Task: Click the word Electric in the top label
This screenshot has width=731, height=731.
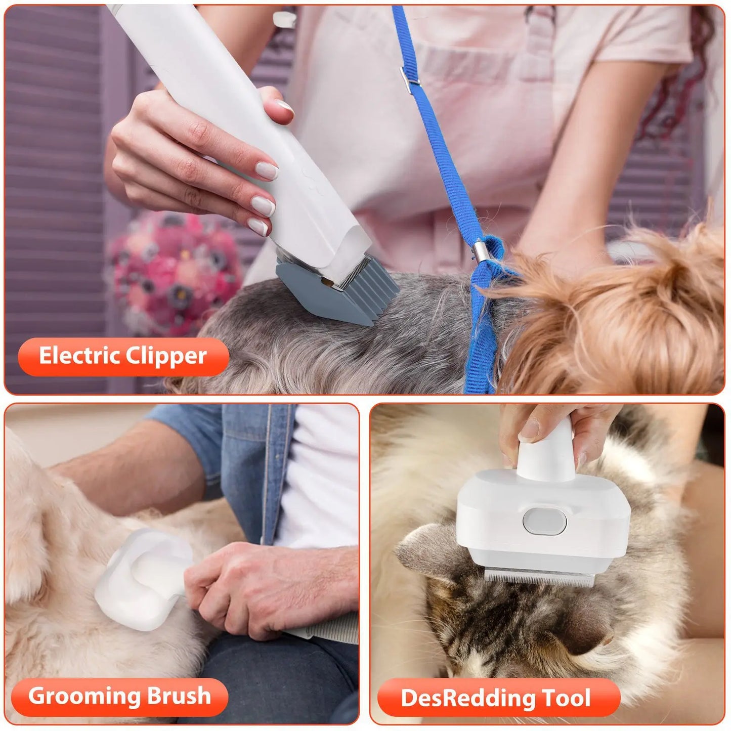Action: tap(79, 356)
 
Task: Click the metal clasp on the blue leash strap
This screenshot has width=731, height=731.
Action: tap(409, 76)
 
